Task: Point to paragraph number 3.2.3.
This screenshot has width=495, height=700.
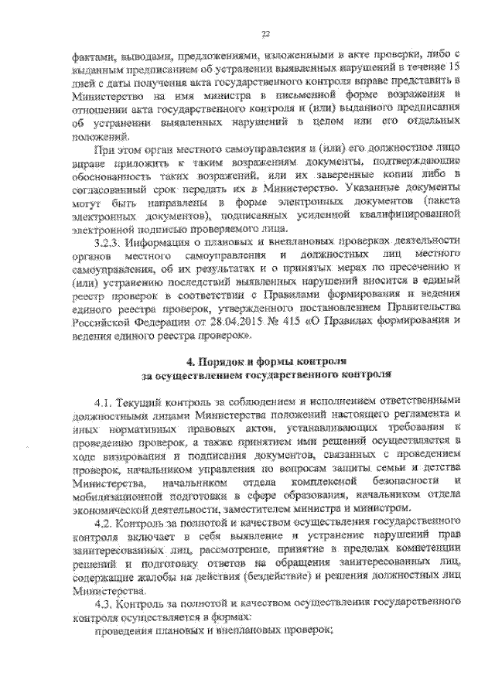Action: [x=108, y=241]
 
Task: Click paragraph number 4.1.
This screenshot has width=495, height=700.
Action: [x=105, y=403]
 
